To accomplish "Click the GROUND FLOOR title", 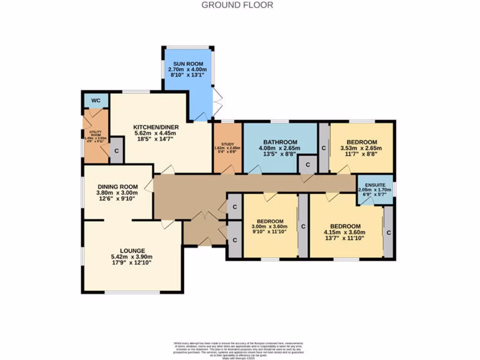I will coord(237,5).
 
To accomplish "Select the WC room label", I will coord(96,100).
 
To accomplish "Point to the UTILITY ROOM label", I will coord(95,134).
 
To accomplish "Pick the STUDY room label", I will coord(227,144).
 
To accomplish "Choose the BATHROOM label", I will coord(280,142).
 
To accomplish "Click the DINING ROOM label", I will coord(111,186).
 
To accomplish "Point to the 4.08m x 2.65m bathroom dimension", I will coord(280,149).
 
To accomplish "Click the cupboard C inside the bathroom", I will coord(307,165).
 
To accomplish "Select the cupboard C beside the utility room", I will coord(116,150).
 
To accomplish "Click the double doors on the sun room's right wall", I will coord(217,102).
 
